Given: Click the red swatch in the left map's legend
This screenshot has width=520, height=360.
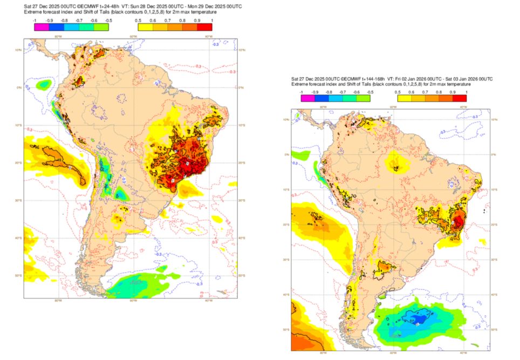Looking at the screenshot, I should [x=205, y=27].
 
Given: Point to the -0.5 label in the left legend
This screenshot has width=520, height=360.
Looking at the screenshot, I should [x=110, y=20].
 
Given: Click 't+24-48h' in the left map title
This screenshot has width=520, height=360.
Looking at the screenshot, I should [x=108, y=5].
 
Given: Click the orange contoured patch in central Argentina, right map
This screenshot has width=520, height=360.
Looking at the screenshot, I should [x=387, y=267].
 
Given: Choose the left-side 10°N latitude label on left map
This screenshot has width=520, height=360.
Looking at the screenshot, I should [x=18, y=50].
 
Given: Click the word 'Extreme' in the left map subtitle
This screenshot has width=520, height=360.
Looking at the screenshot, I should [x=33, y=12].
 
